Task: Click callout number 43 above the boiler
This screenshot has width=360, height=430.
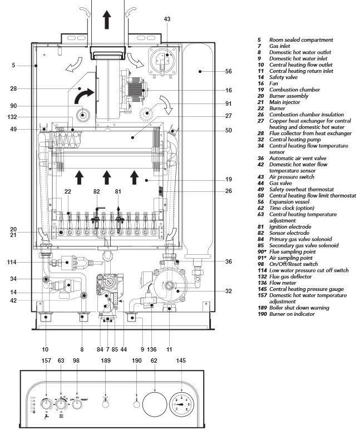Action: (167, 19)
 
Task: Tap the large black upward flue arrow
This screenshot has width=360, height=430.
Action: (107, 19)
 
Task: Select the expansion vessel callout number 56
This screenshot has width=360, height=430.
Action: (228, 71)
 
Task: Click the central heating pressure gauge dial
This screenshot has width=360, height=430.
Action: (181, 404)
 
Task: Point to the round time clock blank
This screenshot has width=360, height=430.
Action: (155, 404)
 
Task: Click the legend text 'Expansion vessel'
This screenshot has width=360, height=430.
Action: (289, 202)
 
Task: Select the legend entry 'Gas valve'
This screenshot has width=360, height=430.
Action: (280, 183)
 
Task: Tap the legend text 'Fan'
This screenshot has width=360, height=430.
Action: (274, 83)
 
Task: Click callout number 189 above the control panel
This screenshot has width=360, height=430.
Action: (106, 360)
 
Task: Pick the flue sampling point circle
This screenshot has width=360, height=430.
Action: (83, 115)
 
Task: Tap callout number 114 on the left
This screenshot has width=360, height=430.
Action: (12, 262)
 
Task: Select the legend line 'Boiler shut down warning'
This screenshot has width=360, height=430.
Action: (299, 308)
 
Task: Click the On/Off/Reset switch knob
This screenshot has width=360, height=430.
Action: (77, 404)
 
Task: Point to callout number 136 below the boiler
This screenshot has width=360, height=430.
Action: (151, 349)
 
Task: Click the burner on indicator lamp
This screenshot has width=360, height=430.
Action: (136, 404)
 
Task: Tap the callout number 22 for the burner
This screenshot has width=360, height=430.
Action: (68, 191)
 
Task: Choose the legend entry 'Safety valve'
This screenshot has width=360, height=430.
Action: (283, 77)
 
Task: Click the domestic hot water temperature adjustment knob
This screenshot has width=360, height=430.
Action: (46, 404)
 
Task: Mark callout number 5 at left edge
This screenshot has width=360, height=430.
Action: (13, 65)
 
